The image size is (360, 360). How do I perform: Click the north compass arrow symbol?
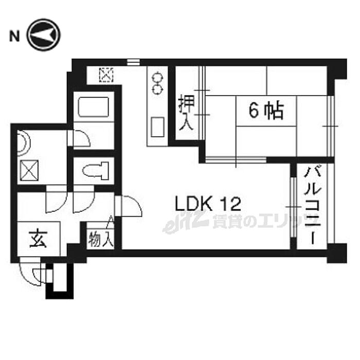point(44,35)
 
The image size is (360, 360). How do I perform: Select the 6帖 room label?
point(266,110)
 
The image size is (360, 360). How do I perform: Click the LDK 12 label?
point(208,204)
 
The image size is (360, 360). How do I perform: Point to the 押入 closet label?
point(186,114)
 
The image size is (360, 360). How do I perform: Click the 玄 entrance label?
point(38,239)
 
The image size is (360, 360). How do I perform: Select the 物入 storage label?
point(100,239)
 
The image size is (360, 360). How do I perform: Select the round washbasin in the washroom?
point(22,143)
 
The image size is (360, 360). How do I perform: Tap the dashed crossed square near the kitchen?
point(106,75)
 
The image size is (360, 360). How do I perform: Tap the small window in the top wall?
point(133,62)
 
